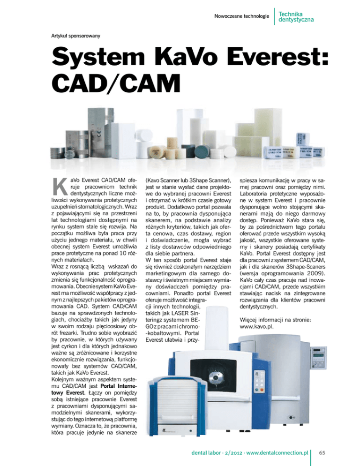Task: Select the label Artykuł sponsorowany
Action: [x=75, y=35]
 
